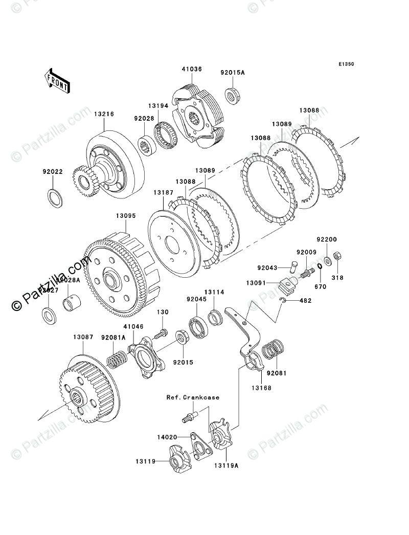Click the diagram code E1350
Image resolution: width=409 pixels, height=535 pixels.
pyautogui.click(x=346, y=65)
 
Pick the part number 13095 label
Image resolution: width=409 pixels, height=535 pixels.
pyautogui.click(x=125, y=216)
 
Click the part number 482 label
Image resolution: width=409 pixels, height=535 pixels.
pyautogui.click(x=305, y=301)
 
